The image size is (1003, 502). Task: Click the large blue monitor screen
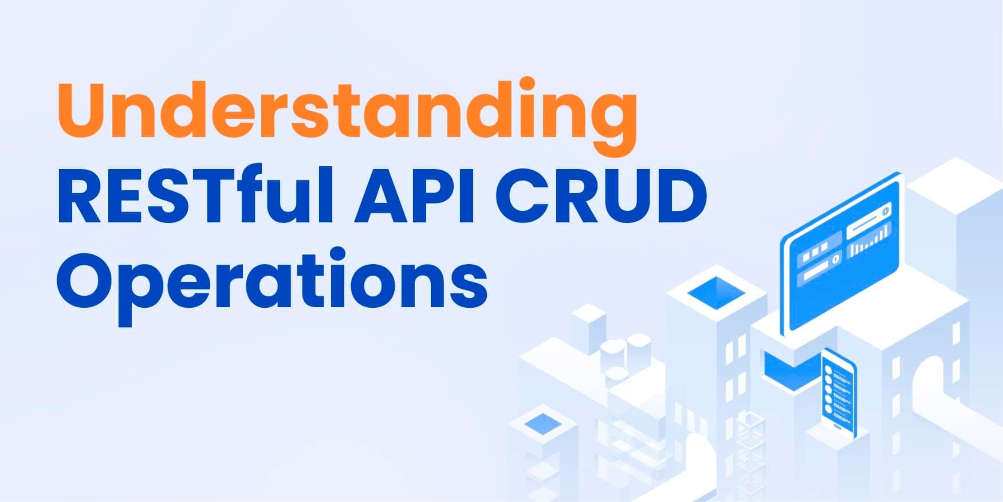[840, 252]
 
